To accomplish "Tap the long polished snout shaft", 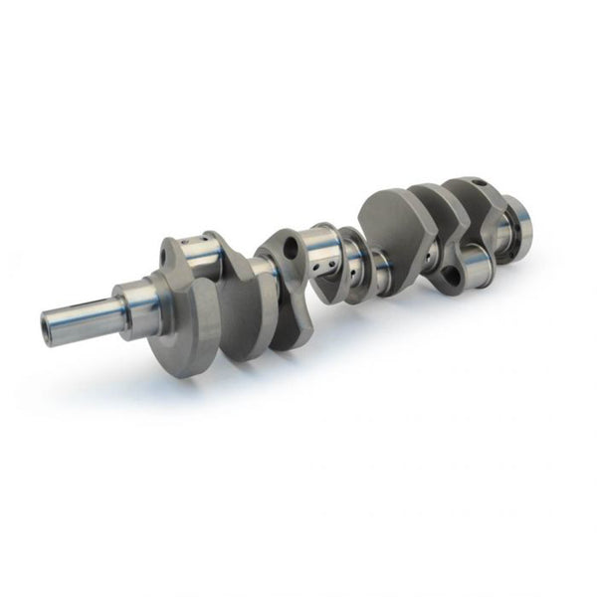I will point(85,316).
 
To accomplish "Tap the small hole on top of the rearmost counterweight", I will point(477,183).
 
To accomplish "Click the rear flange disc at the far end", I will point(517,224).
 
